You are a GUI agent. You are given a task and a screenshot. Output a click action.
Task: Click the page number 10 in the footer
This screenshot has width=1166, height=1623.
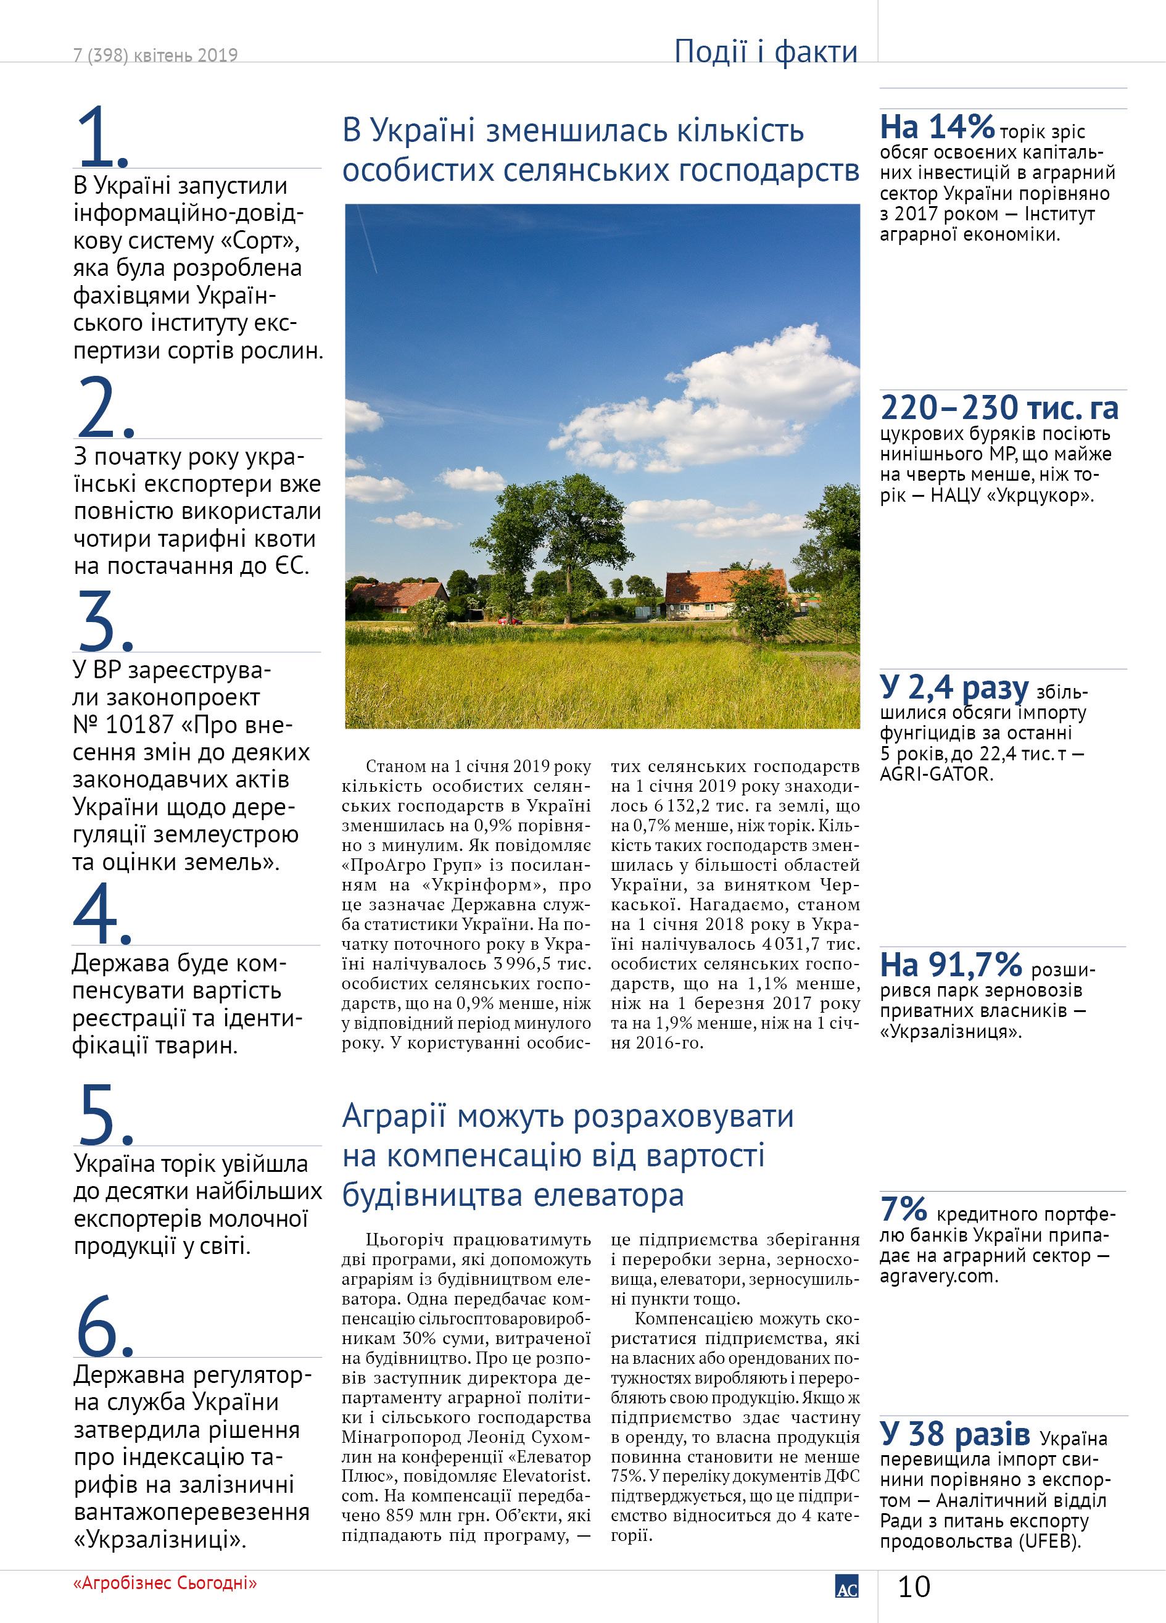tap(914, 1587)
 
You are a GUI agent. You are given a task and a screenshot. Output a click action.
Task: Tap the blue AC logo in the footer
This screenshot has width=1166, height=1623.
tap(846, 1586)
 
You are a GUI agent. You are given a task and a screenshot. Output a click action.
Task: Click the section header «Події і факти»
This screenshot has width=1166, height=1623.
tap(766, 51)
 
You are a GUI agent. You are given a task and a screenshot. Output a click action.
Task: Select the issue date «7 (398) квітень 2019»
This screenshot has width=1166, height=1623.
tap(155, 55)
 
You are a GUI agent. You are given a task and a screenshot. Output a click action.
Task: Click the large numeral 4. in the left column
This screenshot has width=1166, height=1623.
tap(102, 914)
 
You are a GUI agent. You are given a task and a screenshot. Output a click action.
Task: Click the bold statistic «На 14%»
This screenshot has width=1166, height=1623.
tap(937, 127)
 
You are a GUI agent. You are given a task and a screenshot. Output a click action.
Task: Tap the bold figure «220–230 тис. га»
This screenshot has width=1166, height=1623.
tap(999, 408)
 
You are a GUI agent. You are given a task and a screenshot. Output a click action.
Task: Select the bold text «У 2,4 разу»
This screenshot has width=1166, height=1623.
tap(954, 687)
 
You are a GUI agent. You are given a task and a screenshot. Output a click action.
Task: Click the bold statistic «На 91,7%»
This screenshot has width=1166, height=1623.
tap(951, 965)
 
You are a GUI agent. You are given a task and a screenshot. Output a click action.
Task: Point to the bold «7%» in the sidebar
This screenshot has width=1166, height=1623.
tap(903, 1210)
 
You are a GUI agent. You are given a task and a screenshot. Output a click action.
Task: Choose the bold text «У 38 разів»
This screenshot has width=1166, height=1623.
tap(954, 1434)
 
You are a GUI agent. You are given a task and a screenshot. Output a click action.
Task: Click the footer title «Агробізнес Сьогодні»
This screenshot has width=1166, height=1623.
tap(165, 1583)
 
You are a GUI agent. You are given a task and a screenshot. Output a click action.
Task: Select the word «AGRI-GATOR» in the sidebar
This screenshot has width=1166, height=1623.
tap(937, 774)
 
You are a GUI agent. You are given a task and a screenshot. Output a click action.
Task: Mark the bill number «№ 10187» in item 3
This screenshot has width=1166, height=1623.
tap(123, 724)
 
